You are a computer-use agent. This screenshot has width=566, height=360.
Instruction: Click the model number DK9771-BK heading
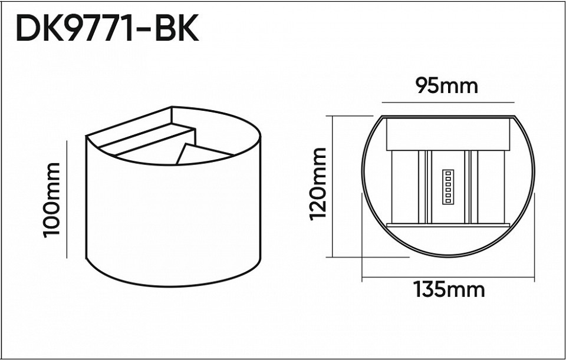click(107, 28)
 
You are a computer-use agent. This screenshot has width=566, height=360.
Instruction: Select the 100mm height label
click(52, 199)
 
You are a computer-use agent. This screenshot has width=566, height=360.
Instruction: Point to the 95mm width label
click(446, 86)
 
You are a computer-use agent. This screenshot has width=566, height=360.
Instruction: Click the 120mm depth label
click(318, 184)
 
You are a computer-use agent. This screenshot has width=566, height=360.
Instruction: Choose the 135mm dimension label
click(449, 290)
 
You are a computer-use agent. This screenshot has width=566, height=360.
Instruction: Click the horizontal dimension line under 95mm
click(446, 101)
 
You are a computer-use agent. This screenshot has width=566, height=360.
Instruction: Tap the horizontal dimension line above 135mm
click(449, 277)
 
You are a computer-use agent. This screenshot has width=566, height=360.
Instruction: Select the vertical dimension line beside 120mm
click(334, 186)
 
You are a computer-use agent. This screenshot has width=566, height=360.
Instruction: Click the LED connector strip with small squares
click(446, 187)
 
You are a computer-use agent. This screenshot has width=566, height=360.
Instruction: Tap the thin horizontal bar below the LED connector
click(446, 225)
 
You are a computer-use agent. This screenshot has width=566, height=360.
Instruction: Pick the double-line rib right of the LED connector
click(469, 187)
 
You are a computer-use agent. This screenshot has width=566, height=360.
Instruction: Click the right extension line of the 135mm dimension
click(535, 236)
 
